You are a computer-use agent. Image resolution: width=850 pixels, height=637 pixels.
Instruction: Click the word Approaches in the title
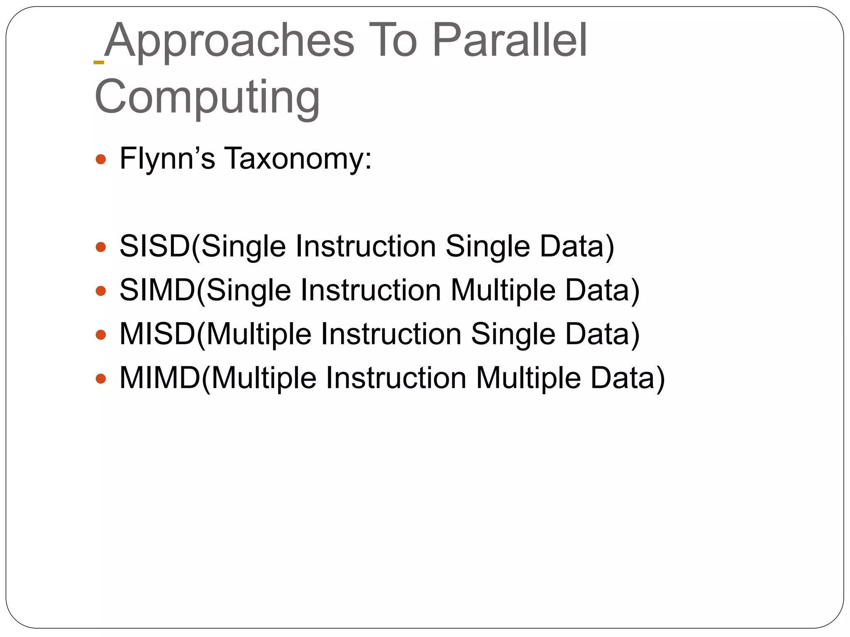click(229, 41)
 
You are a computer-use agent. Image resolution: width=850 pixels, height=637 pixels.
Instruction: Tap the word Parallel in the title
click(510, 41)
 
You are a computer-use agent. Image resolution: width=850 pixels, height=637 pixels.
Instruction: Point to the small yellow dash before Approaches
click(99, 62)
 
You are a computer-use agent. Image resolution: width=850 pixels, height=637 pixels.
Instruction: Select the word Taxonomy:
click(298, 158)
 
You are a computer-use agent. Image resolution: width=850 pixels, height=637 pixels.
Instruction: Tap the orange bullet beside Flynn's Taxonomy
click(101, 159)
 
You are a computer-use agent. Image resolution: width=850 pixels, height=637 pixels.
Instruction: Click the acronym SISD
click(154, 246)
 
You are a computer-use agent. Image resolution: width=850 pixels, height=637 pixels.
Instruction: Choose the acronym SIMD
click(157, 290)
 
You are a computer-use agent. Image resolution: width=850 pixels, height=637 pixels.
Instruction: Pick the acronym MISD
click(157, 334)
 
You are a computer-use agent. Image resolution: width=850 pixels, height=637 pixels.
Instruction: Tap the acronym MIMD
click(160, 378)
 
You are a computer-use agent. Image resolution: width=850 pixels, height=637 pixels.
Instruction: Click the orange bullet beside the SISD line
click(101, 248)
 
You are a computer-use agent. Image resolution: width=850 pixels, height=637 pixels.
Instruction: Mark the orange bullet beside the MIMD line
click(101, 379)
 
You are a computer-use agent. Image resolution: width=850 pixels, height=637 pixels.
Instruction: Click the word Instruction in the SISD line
click(365, 246)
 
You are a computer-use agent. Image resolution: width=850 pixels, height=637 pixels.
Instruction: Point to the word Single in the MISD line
click(513, 334)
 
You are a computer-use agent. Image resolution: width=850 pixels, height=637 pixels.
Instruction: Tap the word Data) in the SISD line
click(577, 246)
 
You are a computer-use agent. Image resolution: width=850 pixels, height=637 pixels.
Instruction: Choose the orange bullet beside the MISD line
click(101, 335)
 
